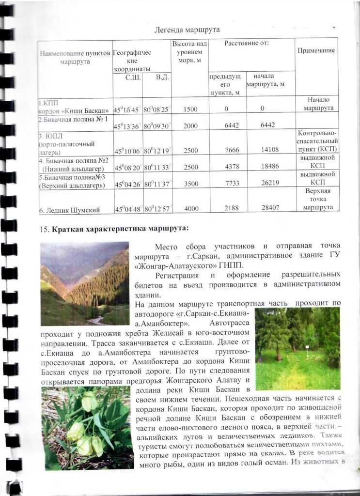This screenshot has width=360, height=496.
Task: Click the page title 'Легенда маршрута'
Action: click(x=187, y=30)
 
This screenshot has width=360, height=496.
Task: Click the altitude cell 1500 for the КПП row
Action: click(x=191, y=109)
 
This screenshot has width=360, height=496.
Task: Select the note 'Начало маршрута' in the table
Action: click(x=318, y=104)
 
